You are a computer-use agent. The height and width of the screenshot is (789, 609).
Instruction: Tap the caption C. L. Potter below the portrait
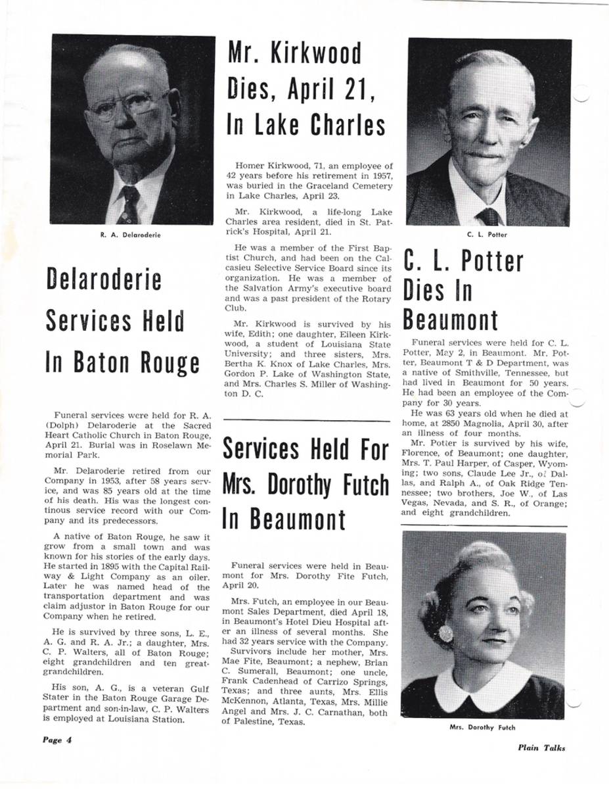coord(487,235)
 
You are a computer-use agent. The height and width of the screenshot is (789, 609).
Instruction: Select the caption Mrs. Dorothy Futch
coord(483,728)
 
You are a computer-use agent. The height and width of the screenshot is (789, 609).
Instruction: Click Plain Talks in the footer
coord(541,748)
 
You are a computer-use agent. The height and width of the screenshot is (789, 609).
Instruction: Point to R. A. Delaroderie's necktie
coord(129,203)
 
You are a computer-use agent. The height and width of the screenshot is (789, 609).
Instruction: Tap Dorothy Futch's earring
coord(446,634)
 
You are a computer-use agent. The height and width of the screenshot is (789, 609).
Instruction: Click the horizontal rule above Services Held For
coord(307,420)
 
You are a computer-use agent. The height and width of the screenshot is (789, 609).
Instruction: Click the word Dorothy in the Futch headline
coord(294,485)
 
